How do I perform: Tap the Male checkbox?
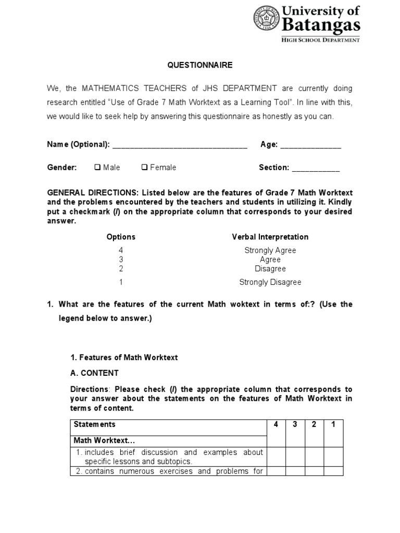pos(97,167)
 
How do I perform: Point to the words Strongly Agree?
pos(270,250)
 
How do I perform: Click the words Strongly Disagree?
pos(270,282)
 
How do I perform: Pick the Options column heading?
pos(121,237)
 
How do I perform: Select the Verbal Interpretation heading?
pos(270,237)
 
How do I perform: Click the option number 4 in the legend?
pos(121,250)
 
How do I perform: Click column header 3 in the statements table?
pos(295,424)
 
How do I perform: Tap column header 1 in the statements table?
pos(333,424)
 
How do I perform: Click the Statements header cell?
pos(95,424)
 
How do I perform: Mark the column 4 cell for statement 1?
pos(276,456)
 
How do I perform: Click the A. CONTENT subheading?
pos(94,373)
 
